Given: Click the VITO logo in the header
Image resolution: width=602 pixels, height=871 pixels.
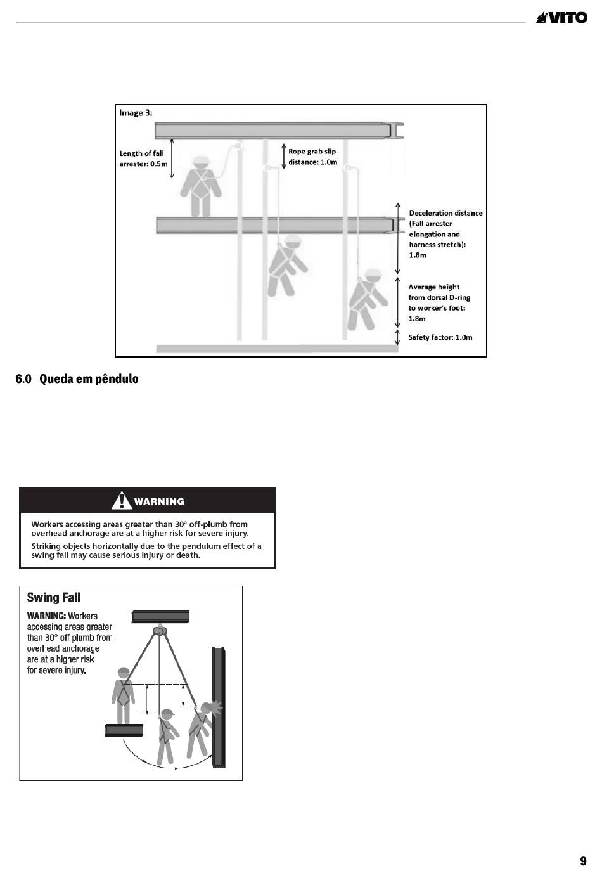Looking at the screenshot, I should click(x=561, y=18).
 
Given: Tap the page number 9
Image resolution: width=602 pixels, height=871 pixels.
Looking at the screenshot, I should click(x=583, y=861).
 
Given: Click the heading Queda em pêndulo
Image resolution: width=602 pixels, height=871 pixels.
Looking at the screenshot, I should click(x=77, y=379).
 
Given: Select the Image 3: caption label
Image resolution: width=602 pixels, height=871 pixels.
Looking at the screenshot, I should click(x=136, y=113).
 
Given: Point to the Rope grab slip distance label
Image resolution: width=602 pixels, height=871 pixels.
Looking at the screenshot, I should click(x=312, y=157).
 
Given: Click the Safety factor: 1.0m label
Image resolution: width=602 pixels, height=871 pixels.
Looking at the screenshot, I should click(x=440, y=337).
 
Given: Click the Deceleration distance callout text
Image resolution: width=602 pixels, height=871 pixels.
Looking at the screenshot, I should click(x=445, y=234).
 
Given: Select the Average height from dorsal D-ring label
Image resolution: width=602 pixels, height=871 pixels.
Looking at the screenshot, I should click(x=439, y=302).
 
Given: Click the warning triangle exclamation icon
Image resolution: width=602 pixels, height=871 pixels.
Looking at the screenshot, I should click(x=121, y=501).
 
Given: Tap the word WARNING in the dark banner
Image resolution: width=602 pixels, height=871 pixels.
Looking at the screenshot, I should click(x=159, y=501).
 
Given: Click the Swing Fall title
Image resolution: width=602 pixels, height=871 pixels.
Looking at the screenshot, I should click(x=54, y=598).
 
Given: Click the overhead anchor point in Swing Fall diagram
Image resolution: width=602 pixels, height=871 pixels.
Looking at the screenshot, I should click(x=159, y=631).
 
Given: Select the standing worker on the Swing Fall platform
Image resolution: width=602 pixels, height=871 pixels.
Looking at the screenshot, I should click(x=123, y=695).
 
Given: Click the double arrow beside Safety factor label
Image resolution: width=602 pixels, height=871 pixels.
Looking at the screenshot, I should click(x=397, y=337).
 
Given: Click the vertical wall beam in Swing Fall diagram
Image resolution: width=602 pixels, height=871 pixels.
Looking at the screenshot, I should click(x=219, y=707).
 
